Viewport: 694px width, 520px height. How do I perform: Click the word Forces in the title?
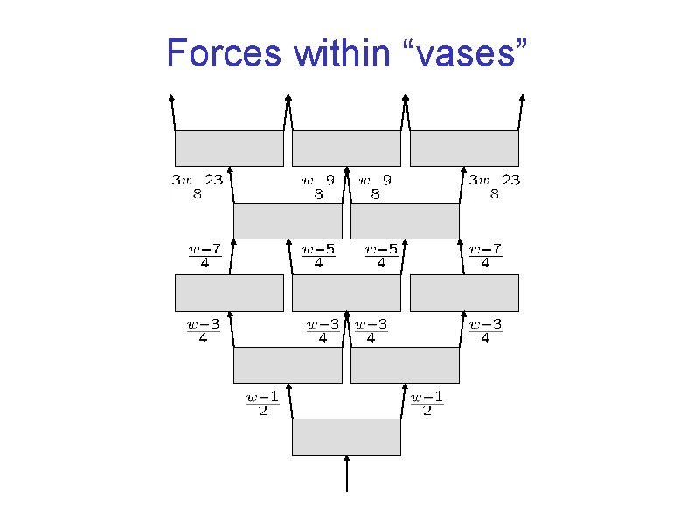point(224,53)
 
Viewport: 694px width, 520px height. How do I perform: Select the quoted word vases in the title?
point(469,53)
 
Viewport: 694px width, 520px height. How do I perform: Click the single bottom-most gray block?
point(346,437)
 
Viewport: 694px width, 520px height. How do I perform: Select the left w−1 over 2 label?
point(262,404)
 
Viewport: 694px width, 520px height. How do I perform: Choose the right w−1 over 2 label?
point(427,404)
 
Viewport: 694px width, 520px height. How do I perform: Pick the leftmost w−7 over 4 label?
point(205,255)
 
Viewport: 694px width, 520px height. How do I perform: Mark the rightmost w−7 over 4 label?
point(486,255)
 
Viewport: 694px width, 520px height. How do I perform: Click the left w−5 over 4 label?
point(318,255)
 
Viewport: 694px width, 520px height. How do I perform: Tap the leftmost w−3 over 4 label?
point(203,331)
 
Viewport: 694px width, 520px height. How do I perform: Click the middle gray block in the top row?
point(346,149)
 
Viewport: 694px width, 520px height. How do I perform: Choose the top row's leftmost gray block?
point(229,149)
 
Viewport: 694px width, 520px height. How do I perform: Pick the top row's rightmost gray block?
point(464,149)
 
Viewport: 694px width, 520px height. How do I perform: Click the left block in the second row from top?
point(288,220)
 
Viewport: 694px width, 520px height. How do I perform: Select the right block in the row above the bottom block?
point(405,365)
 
